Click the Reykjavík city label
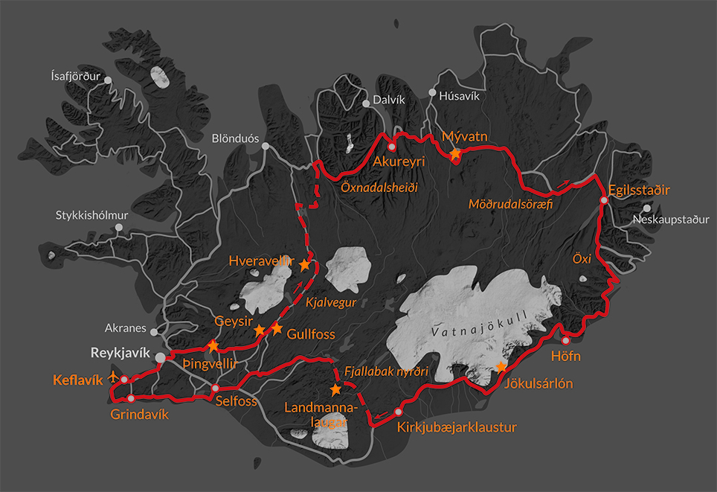[x=120, y=352]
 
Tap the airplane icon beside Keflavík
[x=113, y=376]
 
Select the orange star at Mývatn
[x=455, y=153]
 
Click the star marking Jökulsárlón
[x=502, y=367]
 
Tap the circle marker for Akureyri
[x=391, y=147]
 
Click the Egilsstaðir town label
[x=639, y=190]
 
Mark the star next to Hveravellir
[x=304, y=264]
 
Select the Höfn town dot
[x=565, y=340]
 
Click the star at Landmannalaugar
[x=335, y=389]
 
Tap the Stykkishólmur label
[x=92, y=216]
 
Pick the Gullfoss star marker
[x=277, y=328]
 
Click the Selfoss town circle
[x=216, y=389]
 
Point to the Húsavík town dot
[x=432, y=95]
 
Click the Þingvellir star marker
[x=213, y=345]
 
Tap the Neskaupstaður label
[x=670, y=220]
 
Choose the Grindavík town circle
[x=131, y=398]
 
